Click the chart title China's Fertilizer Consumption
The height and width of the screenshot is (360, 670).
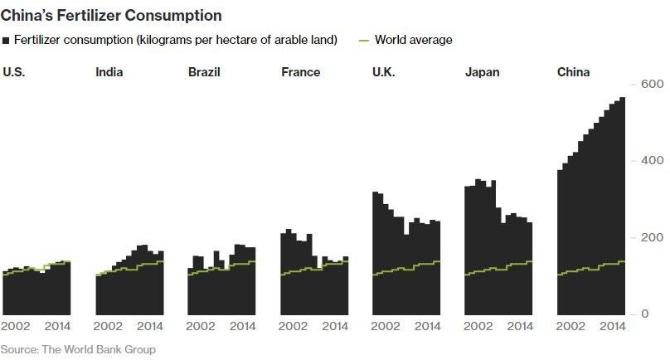click(x=112, y=15)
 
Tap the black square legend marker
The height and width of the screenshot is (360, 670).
click(x=7, y=41)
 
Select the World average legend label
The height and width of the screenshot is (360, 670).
click(x=413, y=40)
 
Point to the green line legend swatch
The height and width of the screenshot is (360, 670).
click(x=362, y=40)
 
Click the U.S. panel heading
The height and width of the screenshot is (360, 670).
click(x=13, y=72)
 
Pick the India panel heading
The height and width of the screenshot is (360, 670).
click(x=109, y=72)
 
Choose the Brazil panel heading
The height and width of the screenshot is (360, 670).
click(x=204, y=72)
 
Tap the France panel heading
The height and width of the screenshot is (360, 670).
click(x=300, y=72)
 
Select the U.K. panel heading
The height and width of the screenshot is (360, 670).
click(x=384, y=72)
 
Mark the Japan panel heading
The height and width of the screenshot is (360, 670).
click(x=482, y=72)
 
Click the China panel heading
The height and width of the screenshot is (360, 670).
click(x=573, y=72)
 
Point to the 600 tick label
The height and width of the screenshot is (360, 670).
click(x=651, y=85)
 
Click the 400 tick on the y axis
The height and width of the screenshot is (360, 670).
click(x=651, y=161)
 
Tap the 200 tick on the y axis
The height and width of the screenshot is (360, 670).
click(x=651, y=238)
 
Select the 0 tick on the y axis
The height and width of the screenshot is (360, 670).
click(x=645, y=314)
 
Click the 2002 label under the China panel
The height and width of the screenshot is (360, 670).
click(x=572, y=327)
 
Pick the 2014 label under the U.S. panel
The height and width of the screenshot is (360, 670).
click(x=57, y=327)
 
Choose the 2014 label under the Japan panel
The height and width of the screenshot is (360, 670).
click(x=520, y=327)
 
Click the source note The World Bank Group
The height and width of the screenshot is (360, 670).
click(x=78, y=349)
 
